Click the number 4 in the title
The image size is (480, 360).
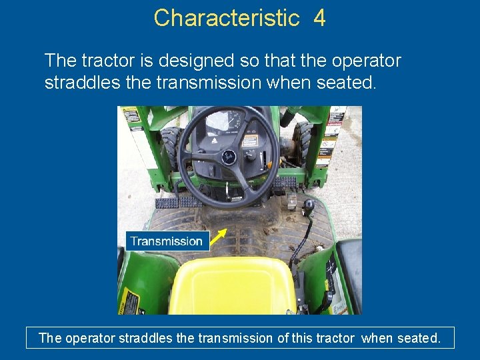[319, 18]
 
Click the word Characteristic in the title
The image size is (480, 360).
[227, 18]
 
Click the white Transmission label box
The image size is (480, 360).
[167, 241]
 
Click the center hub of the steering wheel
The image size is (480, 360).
[228, 157]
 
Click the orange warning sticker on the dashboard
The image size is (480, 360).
[250, 141]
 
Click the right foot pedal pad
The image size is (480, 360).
[284, 182]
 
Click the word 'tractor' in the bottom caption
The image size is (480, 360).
[333, 338]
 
